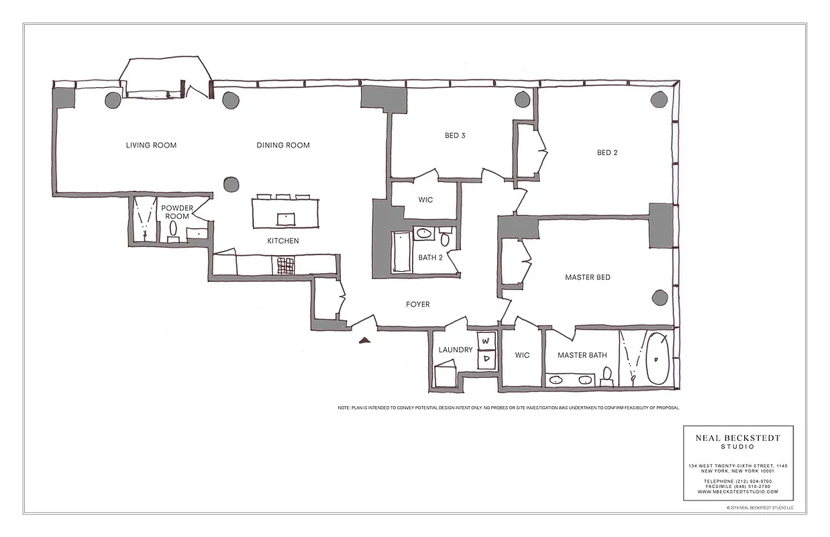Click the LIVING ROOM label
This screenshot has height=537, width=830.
[x=151, y=145]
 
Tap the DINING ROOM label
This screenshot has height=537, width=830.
[x=283, y=145]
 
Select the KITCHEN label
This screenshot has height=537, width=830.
[x=283, y=241]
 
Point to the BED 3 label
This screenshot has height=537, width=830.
[x=455, y=136]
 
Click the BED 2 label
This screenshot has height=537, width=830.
[x=607, y=152]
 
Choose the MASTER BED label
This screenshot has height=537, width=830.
[x=587, y=277]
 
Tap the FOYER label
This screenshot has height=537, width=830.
[x=417, y=304]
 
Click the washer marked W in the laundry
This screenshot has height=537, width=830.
[x=486, y=340]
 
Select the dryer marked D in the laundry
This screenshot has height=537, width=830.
[x=486, y=359]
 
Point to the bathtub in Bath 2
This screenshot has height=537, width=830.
[x=401, y=252]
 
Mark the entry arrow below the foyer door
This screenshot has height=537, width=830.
[x=364, y=340]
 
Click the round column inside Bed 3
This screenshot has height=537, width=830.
[x=523, y=100]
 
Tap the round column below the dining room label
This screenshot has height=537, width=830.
[x=231, y=184]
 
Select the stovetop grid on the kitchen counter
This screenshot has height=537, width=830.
[x=284, y=266]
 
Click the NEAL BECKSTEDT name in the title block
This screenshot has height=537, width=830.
[x=737, y=438]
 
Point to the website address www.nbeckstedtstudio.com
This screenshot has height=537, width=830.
[x=737, y=491]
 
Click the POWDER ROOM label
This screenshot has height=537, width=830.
[x=176, y=212]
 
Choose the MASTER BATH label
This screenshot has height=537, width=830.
[x=582, y=355]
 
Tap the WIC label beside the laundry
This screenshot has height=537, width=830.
[x=522, y=355]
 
